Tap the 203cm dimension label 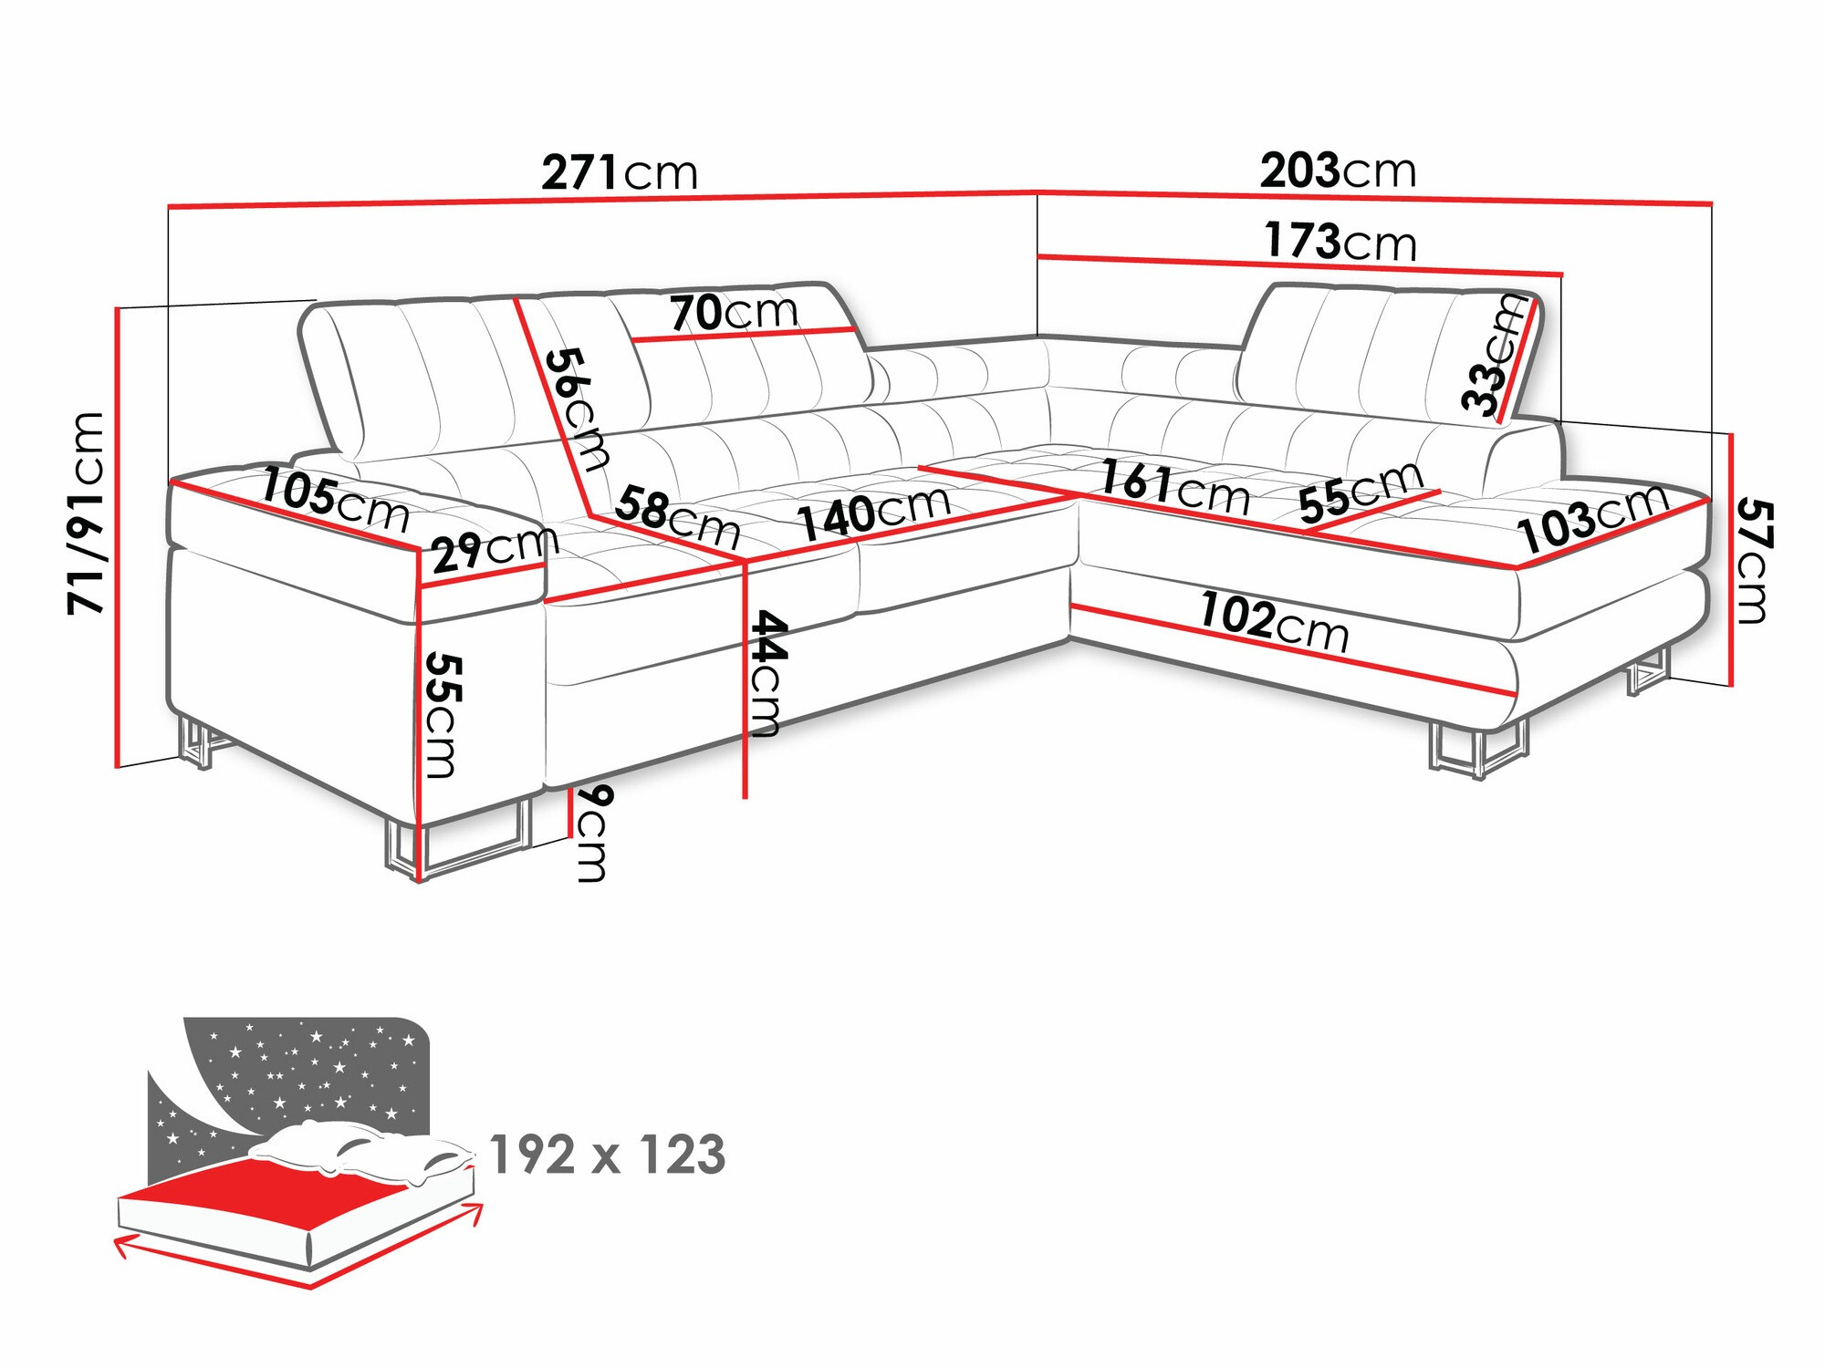point(1338,171)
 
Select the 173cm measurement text point(1340,241)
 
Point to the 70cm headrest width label point(735,313)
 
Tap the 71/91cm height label point(88,513)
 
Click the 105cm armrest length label point(335,501)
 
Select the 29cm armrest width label point(494,549)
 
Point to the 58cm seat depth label point(677,517)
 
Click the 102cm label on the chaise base point(1274,622)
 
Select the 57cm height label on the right point(1754,560)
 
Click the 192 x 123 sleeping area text point(608,1155)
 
